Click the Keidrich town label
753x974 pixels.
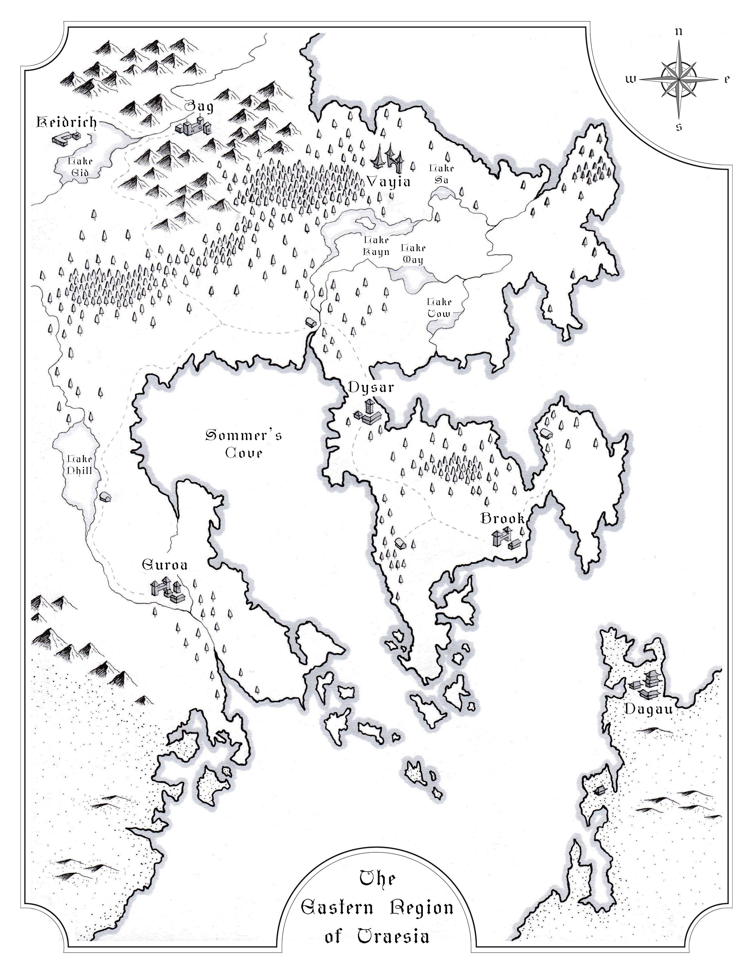[66, 122]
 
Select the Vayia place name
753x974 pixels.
[388, 182]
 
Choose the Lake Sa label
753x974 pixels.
[442, 174]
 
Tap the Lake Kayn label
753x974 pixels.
[376, 246]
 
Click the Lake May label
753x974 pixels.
[413, 254]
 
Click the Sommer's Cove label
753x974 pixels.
[244, 443]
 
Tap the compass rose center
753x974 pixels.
[679, 79]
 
